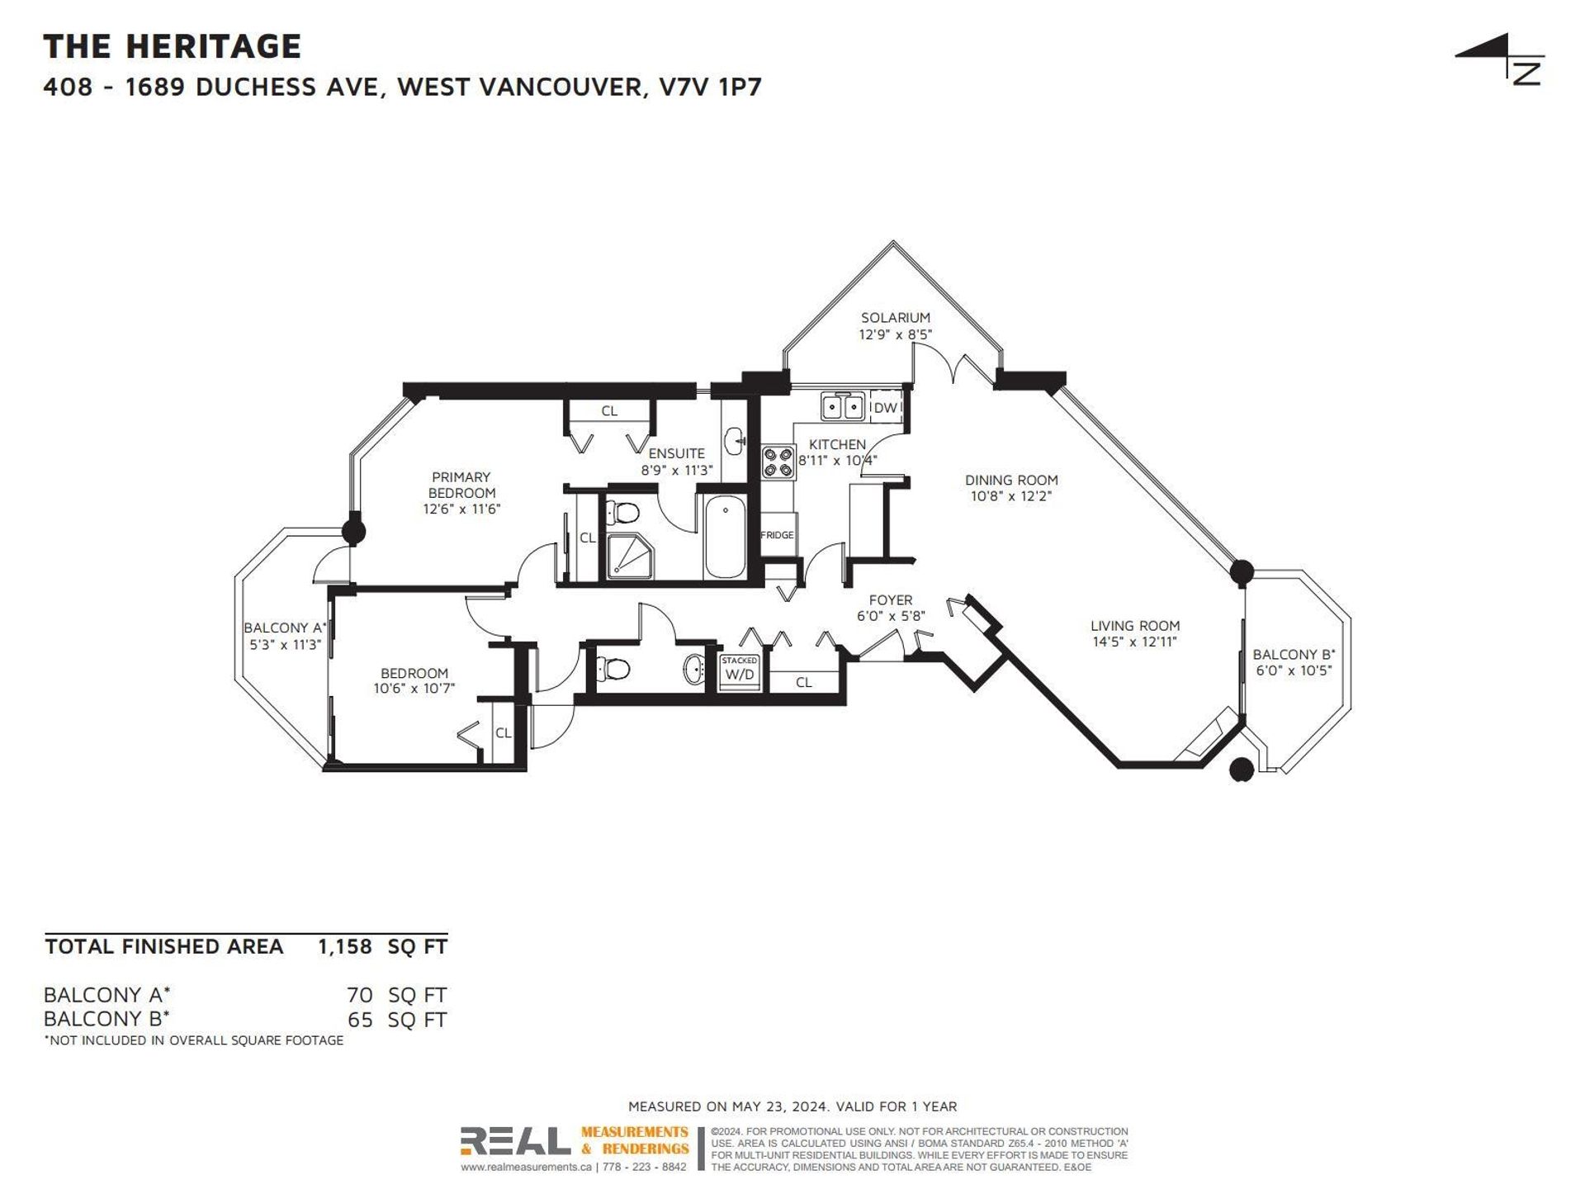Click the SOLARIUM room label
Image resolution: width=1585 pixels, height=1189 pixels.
click(x=895, y=318)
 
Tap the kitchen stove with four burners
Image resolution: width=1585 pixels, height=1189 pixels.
click(x=778, y=462)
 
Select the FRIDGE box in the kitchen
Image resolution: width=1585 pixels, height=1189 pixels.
click(x=777, y=535)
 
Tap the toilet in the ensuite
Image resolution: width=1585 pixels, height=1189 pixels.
click(x=622, y=513)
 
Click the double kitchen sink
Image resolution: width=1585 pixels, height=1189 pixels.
click(x=842, y=407)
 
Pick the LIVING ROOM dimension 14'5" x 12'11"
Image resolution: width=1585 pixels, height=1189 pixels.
click(x=1134, y=642)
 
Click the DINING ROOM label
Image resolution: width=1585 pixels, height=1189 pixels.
click(x=1011, y=480)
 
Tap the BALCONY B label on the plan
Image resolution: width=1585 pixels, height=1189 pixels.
click(x=1294, y=655)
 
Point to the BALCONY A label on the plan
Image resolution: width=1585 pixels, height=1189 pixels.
click(x=286, y=628)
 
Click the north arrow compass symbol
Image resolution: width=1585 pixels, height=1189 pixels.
click(x=1500, y=59)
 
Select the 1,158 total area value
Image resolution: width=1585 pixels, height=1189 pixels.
click(x=345, y=946)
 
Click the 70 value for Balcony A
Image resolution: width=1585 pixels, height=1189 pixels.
click(x=360, y=995)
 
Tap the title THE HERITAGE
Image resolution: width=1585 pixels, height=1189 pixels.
click(x=173, y=46)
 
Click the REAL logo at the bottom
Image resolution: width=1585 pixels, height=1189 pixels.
click(x=515, y=1141)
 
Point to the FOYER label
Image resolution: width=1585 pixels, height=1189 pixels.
click(x=891, y=600)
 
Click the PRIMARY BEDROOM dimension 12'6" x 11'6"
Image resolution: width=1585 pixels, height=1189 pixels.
click(x=461, y=509)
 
